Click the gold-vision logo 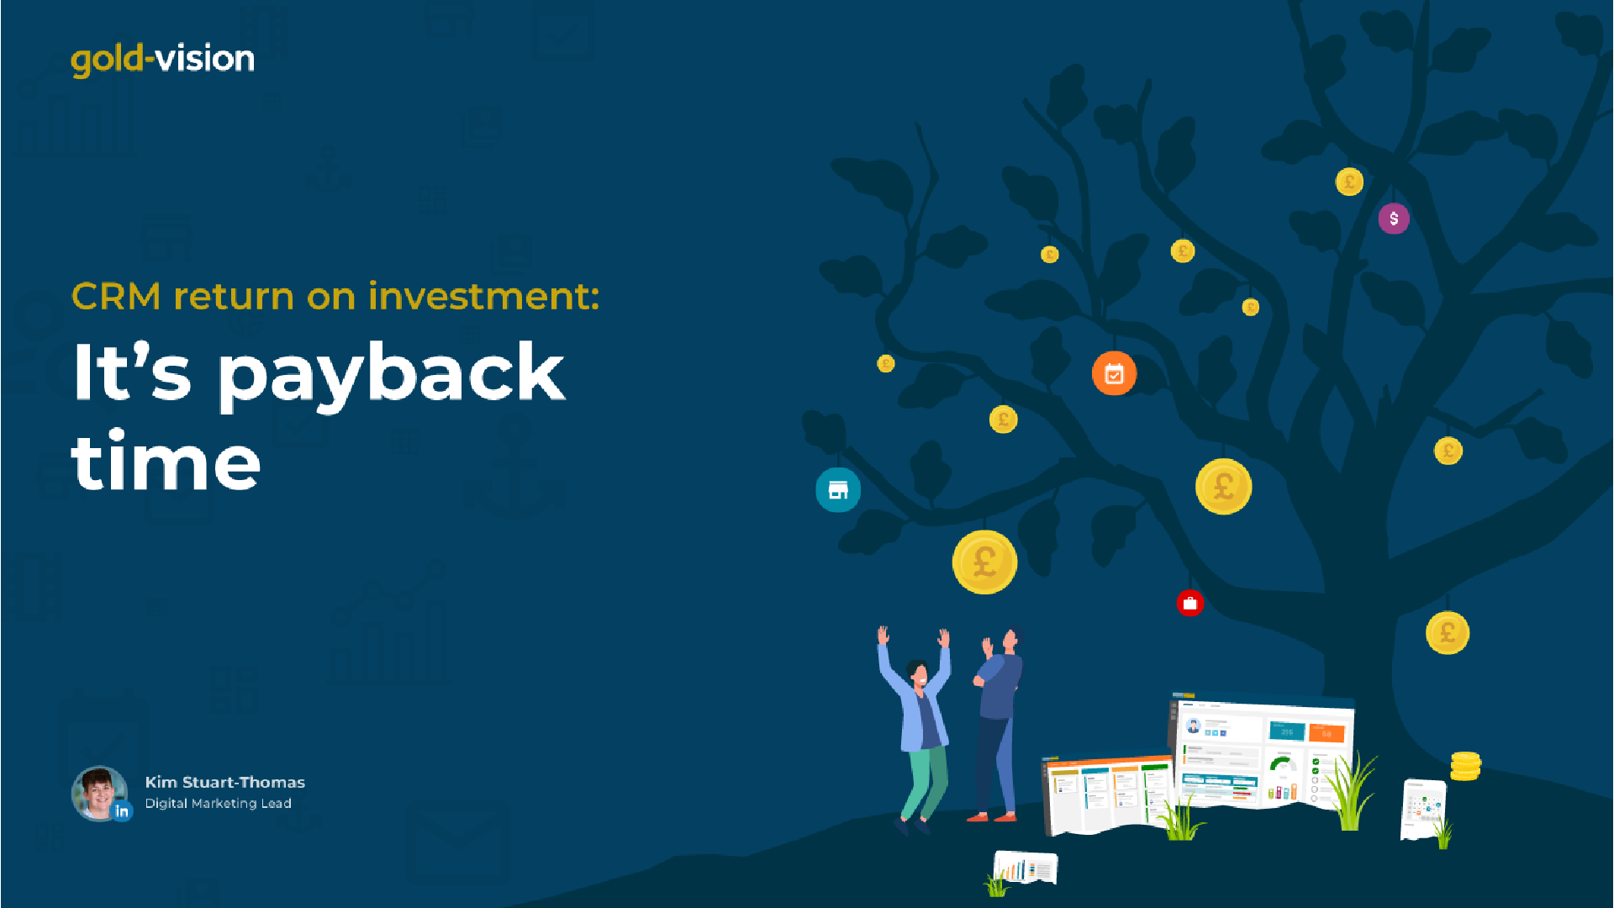(x=162, y=60)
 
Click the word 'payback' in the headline (x=392, y=376)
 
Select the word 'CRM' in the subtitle (x=116, y=297)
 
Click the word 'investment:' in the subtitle (x=483, y=296)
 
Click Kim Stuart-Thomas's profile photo (x=99, y=793)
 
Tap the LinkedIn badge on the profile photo (x=122, y=811)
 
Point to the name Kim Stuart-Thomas (x=224, y=782)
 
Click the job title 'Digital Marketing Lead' (x=218, y=804)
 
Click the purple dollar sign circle (x=1394, y=219)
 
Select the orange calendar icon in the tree (x=1114, y=372)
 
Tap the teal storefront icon (x=838, y=489)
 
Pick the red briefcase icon (x=1189, y=603)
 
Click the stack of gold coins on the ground (x=1465, y=766)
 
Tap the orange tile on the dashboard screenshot (x=1327, y=733)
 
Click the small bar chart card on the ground (x=1026, y=868)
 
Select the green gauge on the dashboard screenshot (x=1282, y=764)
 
